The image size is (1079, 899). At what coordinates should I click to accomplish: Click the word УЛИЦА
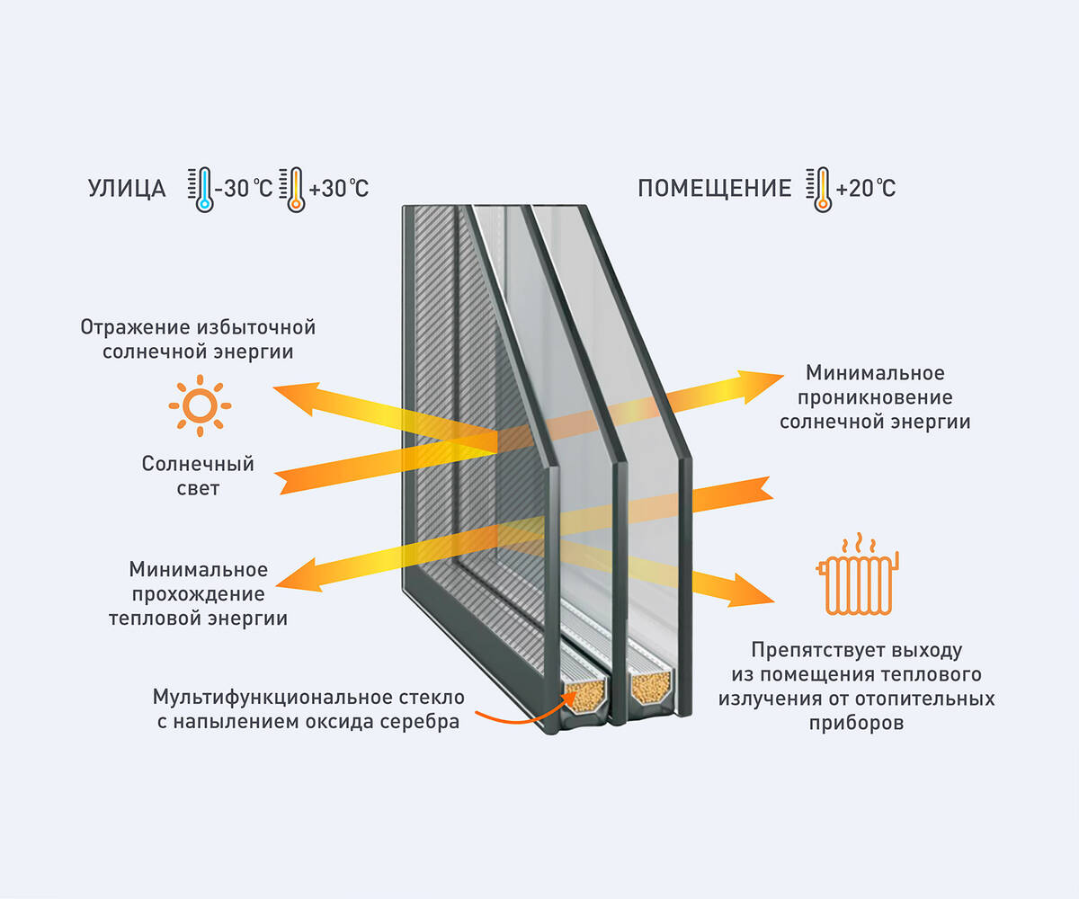(127, 189)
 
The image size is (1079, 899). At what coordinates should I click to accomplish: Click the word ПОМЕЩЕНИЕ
(714, 189)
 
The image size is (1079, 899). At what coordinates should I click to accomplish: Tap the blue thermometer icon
(203, 189)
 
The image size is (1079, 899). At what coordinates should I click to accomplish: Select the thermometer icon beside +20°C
(820, 189)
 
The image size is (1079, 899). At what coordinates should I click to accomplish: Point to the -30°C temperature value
(244, 189)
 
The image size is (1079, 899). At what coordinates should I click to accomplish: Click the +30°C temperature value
(338, 189)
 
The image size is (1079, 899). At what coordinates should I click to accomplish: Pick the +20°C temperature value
(865, 189)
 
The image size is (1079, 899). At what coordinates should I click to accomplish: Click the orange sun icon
(200, 405)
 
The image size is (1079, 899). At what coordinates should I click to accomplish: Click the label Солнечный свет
(198, 476)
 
